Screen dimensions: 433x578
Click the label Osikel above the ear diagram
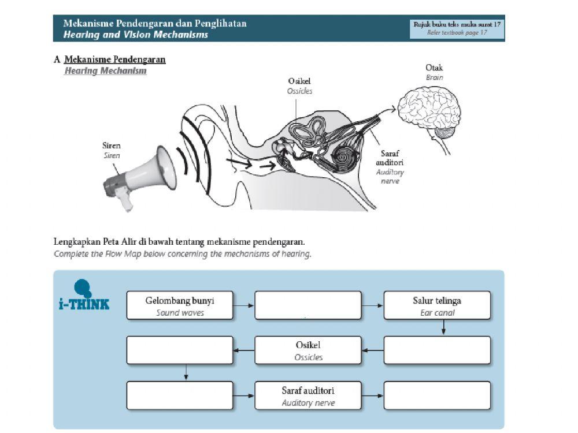pos(299,81)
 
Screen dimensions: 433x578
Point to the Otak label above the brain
pos(434,68)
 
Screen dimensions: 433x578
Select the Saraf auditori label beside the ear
pos(390,158)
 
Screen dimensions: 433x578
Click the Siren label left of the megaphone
pos(112,146)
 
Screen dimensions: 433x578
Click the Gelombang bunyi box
pos(180,305)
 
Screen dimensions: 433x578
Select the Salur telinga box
pos(437,305)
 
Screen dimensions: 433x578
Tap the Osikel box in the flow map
pos(307,350)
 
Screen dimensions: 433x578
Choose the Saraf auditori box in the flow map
pos(307,395)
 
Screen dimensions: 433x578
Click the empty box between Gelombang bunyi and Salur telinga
pos(308,305)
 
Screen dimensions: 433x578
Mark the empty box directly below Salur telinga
pos(437,350)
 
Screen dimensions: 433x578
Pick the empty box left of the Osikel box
pos(180,350)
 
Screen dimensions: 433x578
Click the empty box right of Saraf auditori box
pos(437,395)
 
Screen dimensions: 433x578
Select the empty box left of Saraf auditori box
pos(180,395)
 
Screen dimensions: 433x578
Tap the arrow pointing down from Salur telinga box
pos(443,327)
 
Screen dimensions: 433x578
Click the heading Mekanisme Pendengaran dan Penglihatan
pos(155,24)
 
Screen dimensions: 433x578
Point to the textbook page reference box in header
pos(457,28)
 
